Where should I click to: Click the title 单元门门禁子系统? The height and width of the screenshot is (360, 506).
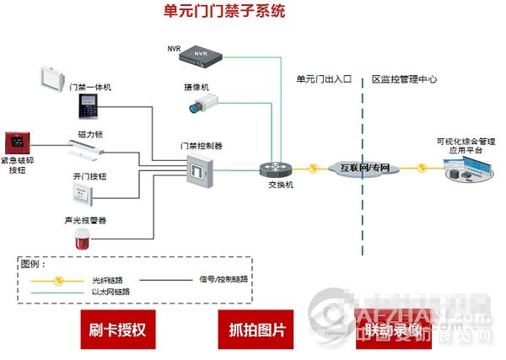click(x=224, y=12)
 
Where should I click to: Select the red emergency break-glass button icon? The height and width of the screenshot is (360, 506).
click(x=18, y=142)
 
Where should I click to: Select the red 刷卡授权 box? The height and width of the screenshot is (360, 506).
click(x=117, y=328)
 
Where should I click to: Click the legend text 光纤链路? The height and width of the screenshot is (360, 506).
click(x=108, y=280)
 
